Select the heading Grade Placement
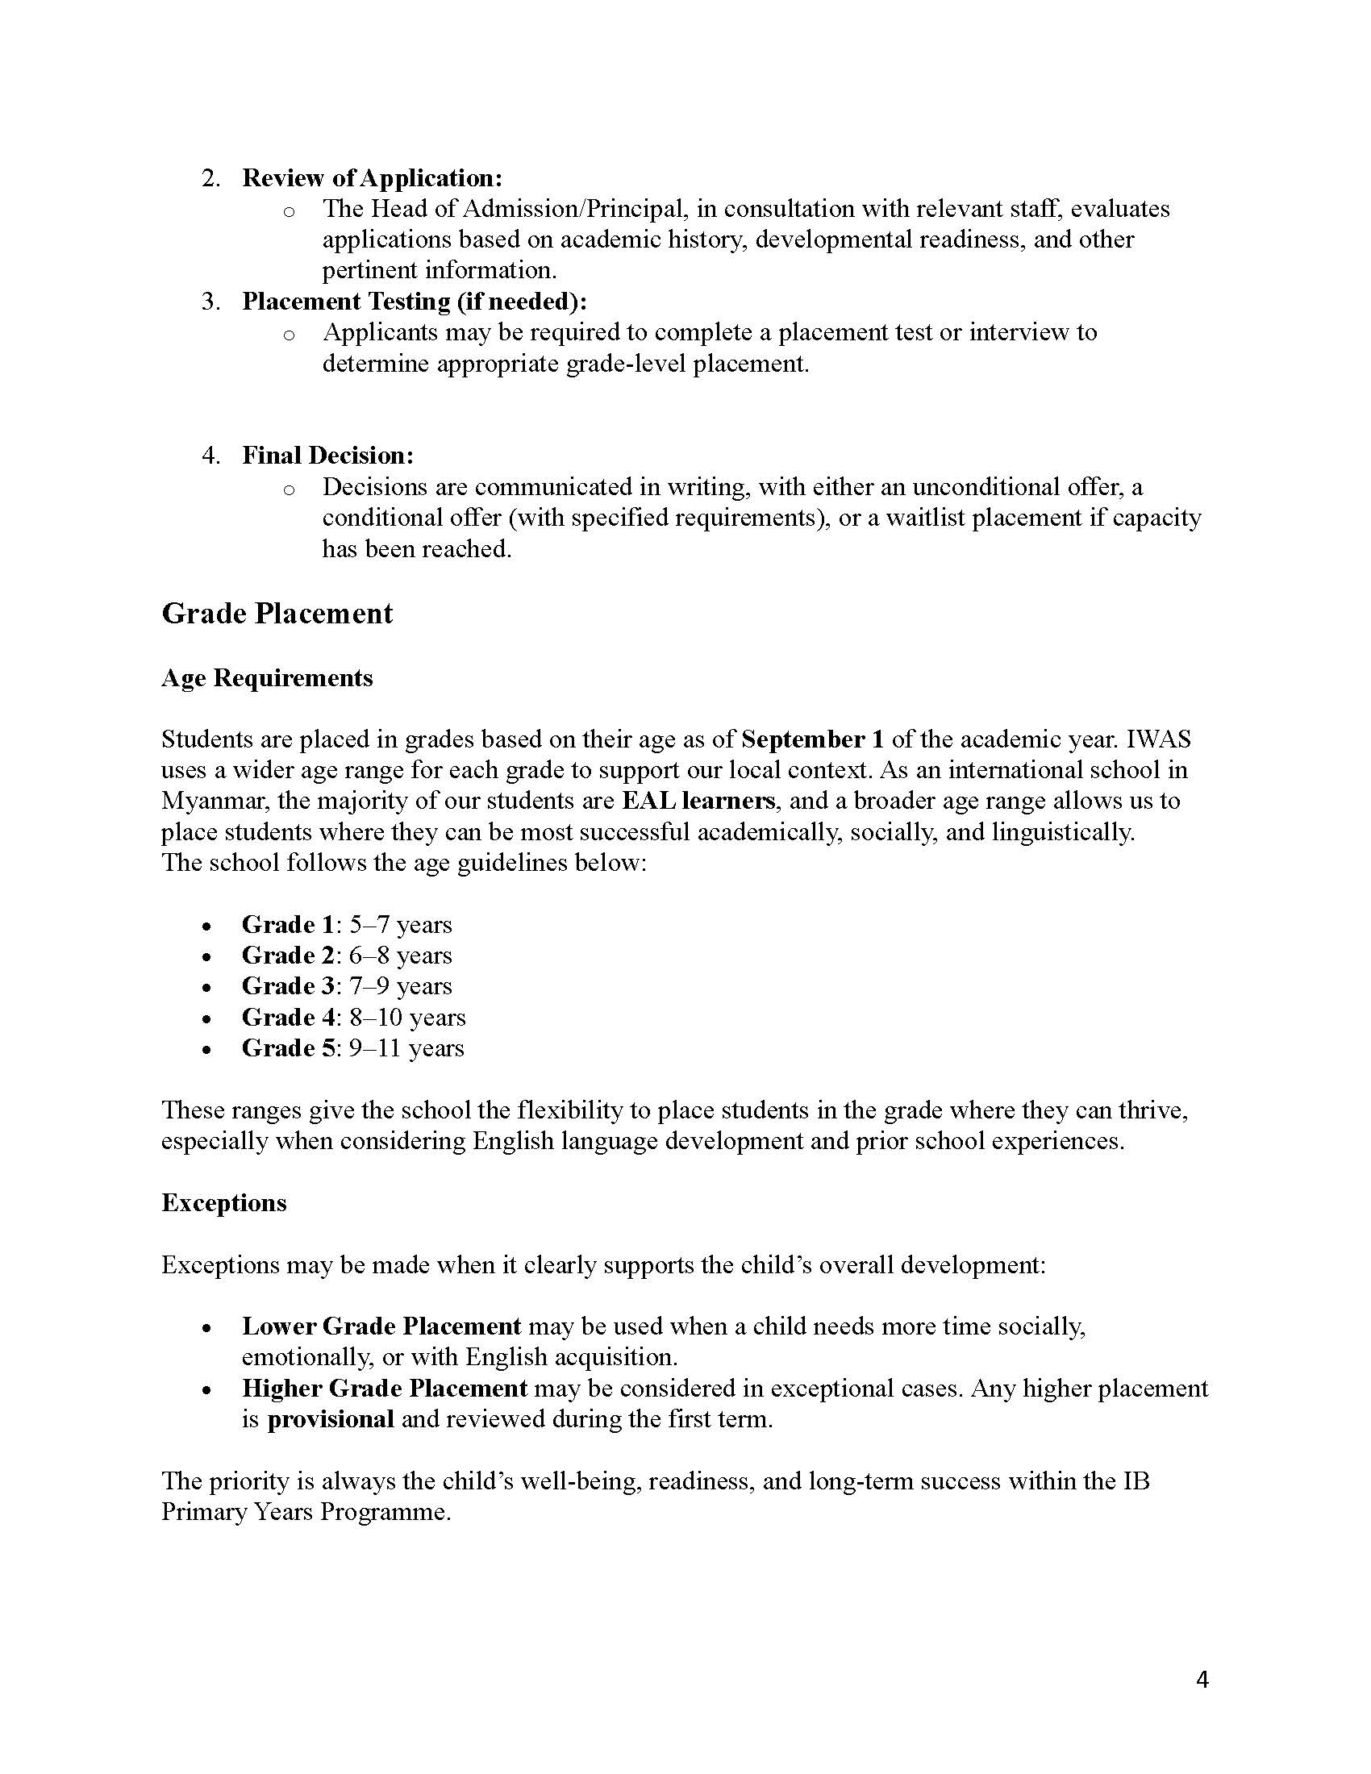[x=277, y=614]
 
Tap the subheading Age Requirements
[x=267, y=677]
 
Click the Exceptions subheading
[x=224, y=1202]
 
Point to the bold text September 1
[x=812, y=739]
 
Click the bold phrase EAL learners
[x=698, y=801]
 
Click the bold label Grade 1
[x=289, y=924]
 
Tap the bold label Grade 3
[x=289, y=986]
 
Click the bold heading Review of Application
[x=372, y=178]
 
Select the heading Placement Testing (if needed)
[x=415, y=302]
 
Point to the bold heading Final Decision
[x=327, y=456]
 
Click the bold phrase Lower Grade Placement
[x=381, y=1326]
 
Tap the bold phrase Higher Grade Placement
[x=385, y=1389]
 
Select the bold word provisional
[x=331, y=1419]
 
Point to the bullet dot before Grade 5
[x=208, y=1049]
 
